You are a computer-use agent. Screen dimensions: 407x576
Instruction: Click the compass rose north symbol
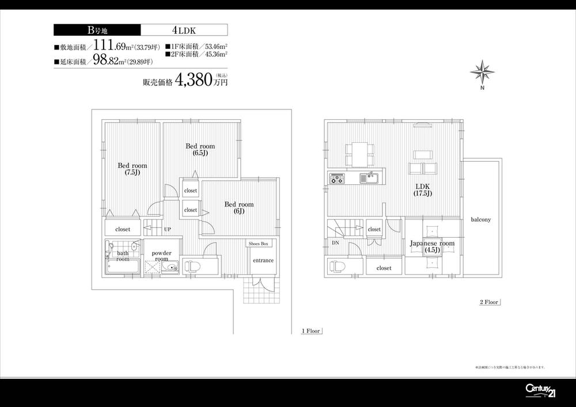[482, 73]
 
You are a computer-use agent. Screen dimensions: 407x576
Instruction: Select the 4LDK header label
[183, 30]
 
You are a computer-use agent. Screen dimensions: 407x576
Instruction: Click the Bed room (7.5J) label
[132, 169]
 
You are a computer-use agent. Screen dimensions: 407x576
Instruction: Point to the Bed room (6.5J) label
[200, 150]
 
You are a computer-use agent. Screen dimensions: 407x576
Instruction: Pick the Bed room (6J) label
[238, 207]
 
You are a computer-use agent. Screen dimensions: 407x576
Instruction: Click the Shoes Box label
[259, 244]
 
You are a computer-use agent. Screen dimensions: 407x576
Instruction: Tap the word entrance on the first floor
[263, 260]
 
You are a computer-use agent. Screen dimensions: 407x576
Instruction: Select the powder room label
[161, 256]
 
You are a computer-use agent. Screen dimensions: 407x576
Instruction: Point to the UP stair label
[167, 229]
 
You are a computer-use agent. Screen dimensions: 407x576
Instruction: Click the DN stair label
[335, 243]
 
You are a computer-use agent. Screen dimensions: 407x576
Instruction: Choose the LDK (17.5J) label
[422, 189]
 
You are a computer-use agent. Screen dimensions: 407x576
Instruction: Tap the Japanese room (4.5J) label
[432, 246]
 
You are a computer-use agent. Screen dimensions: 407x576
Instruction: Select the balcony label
[480, 220]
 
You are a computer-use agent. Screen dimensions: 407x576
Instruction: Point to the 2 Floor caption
[488, 302]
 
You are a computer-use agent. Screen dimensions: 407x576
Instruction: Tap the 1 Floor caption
[310, 331]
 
